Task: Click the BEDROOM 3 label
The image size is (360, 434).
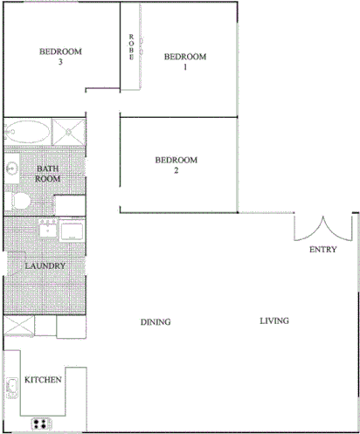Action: (x=60, y=57)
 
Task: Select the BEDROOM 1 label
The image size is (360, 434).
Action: (x=185, y=62)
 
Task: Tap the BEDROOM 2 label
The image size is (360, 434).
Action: (x=176, y=165)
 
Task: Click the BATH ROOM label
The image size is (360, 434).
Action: (x=47, y=173)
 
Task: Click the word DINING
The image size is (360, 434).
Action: (x=156, y=322)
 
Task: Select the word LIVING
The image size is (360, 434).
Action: (x=273, y=321)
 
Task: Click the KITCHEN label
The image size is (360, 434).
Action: (x=42, y=380)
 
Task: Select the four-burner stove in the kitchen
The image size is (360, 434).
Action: (x=41, y=424)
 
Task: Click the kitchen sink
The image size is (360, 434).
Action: (x=11, y=385)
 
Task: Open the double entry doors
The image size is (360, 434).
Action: (x=323, y=229)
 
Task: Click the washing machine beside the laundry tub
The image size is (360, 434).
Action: (x=71, y=231)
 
